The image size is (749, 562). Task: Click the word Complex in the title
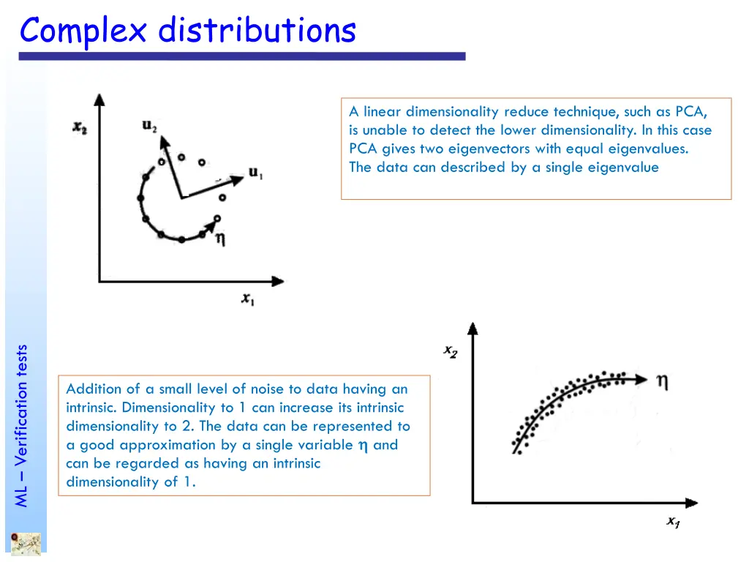click(83, 31)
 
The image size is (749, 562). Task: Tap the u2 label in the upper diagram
click(149, 127)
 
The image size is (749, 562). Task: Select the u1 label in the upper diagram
click(256, 173)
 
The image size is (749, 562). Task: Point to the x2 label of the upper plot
click(80, 127)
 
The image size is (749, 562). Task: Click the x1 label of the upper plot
click(248, 299)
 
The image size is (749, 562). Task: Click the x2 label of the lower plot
click(451, 352)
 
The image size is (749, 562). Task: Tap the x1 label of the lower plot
click(673, 522)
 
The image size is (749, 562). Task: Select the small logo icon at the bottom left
click(25, 544)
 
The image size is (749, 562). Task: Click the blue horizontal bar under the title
click(241, 56)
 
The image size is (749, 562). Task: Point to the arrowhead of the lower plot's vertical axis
click(473, 327)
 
